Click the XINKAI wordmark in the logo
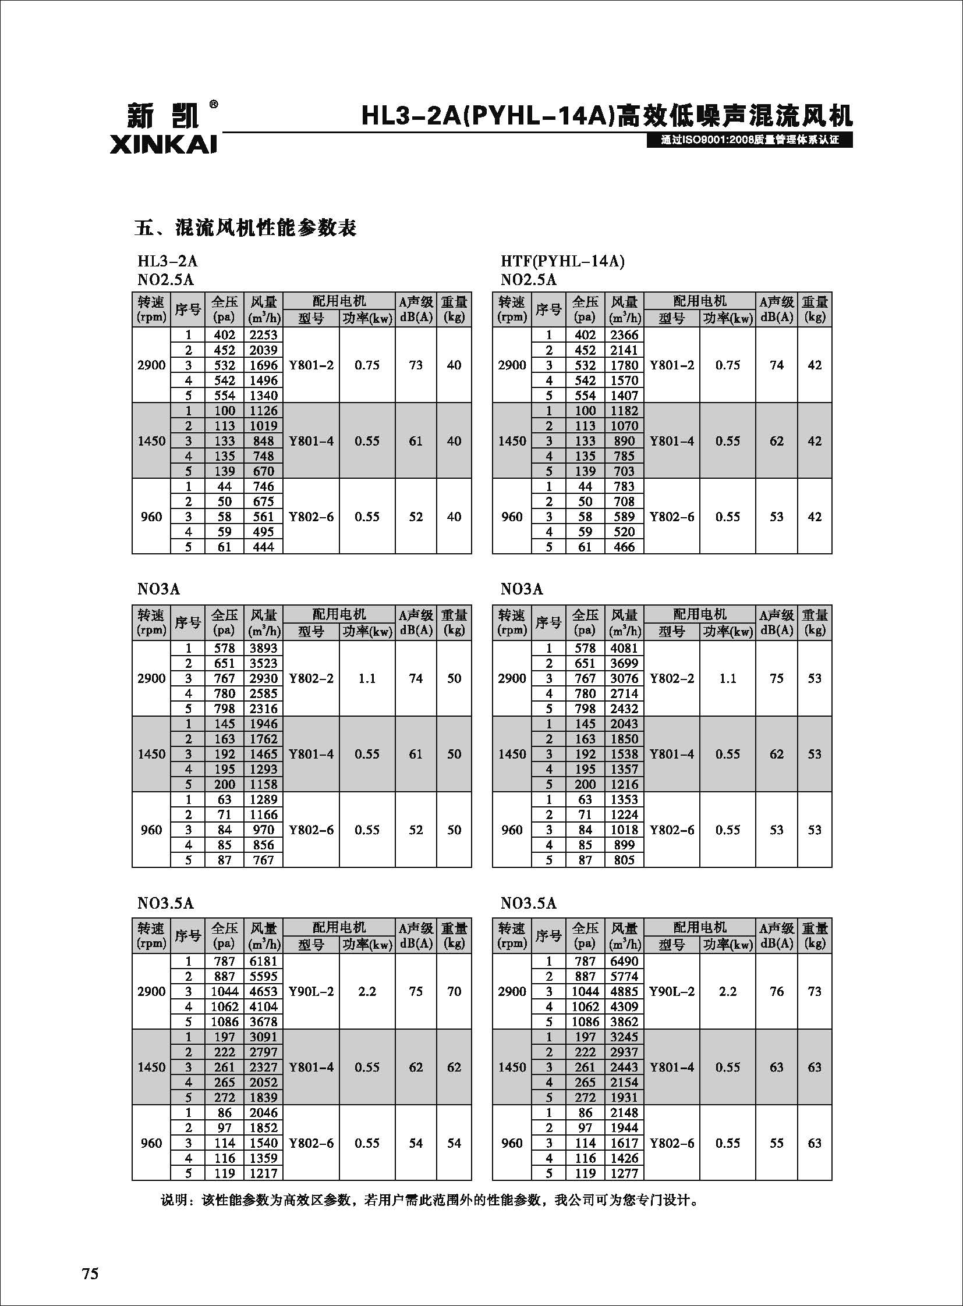pos(162,145)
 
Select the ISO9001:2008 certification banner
pos(750,140)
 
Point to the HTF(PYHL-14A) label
pos(562,262)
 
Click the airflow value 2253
pos(264,335)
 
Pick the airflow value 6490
pos(624,961)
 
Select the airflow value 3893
pos(264,648)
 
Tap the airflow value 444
pos(264,547)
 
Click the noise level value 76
pos(777,991)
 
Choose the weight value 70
pos(454,991)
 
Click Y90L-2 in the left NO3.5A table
pos(311,991)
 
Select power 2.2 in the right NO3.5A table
pos(728,991)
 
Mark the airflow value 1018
pos(624,830)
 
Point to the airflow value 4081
pos(624,648)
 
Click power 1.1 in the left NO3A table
pos(367,679)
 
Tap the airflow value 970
pos(264,830)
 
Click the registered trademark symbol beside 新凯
pos(213,105)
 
